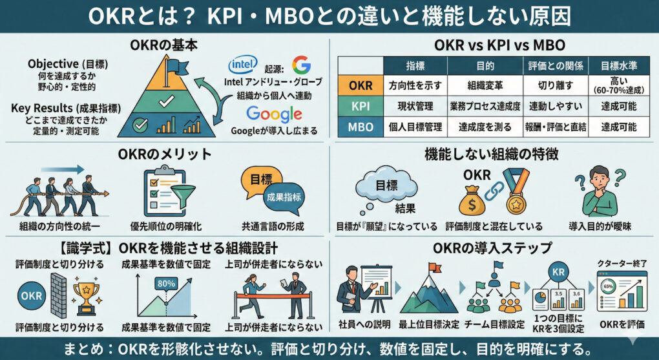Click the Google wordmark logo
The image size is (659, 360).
274,115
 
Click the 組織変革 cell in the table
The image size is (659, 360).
484,85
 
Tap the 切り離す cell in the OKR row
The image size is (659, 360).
555,85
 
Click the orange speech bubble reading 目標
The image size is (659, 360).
261,180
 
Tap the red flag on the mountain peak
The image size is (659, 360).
434,267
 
